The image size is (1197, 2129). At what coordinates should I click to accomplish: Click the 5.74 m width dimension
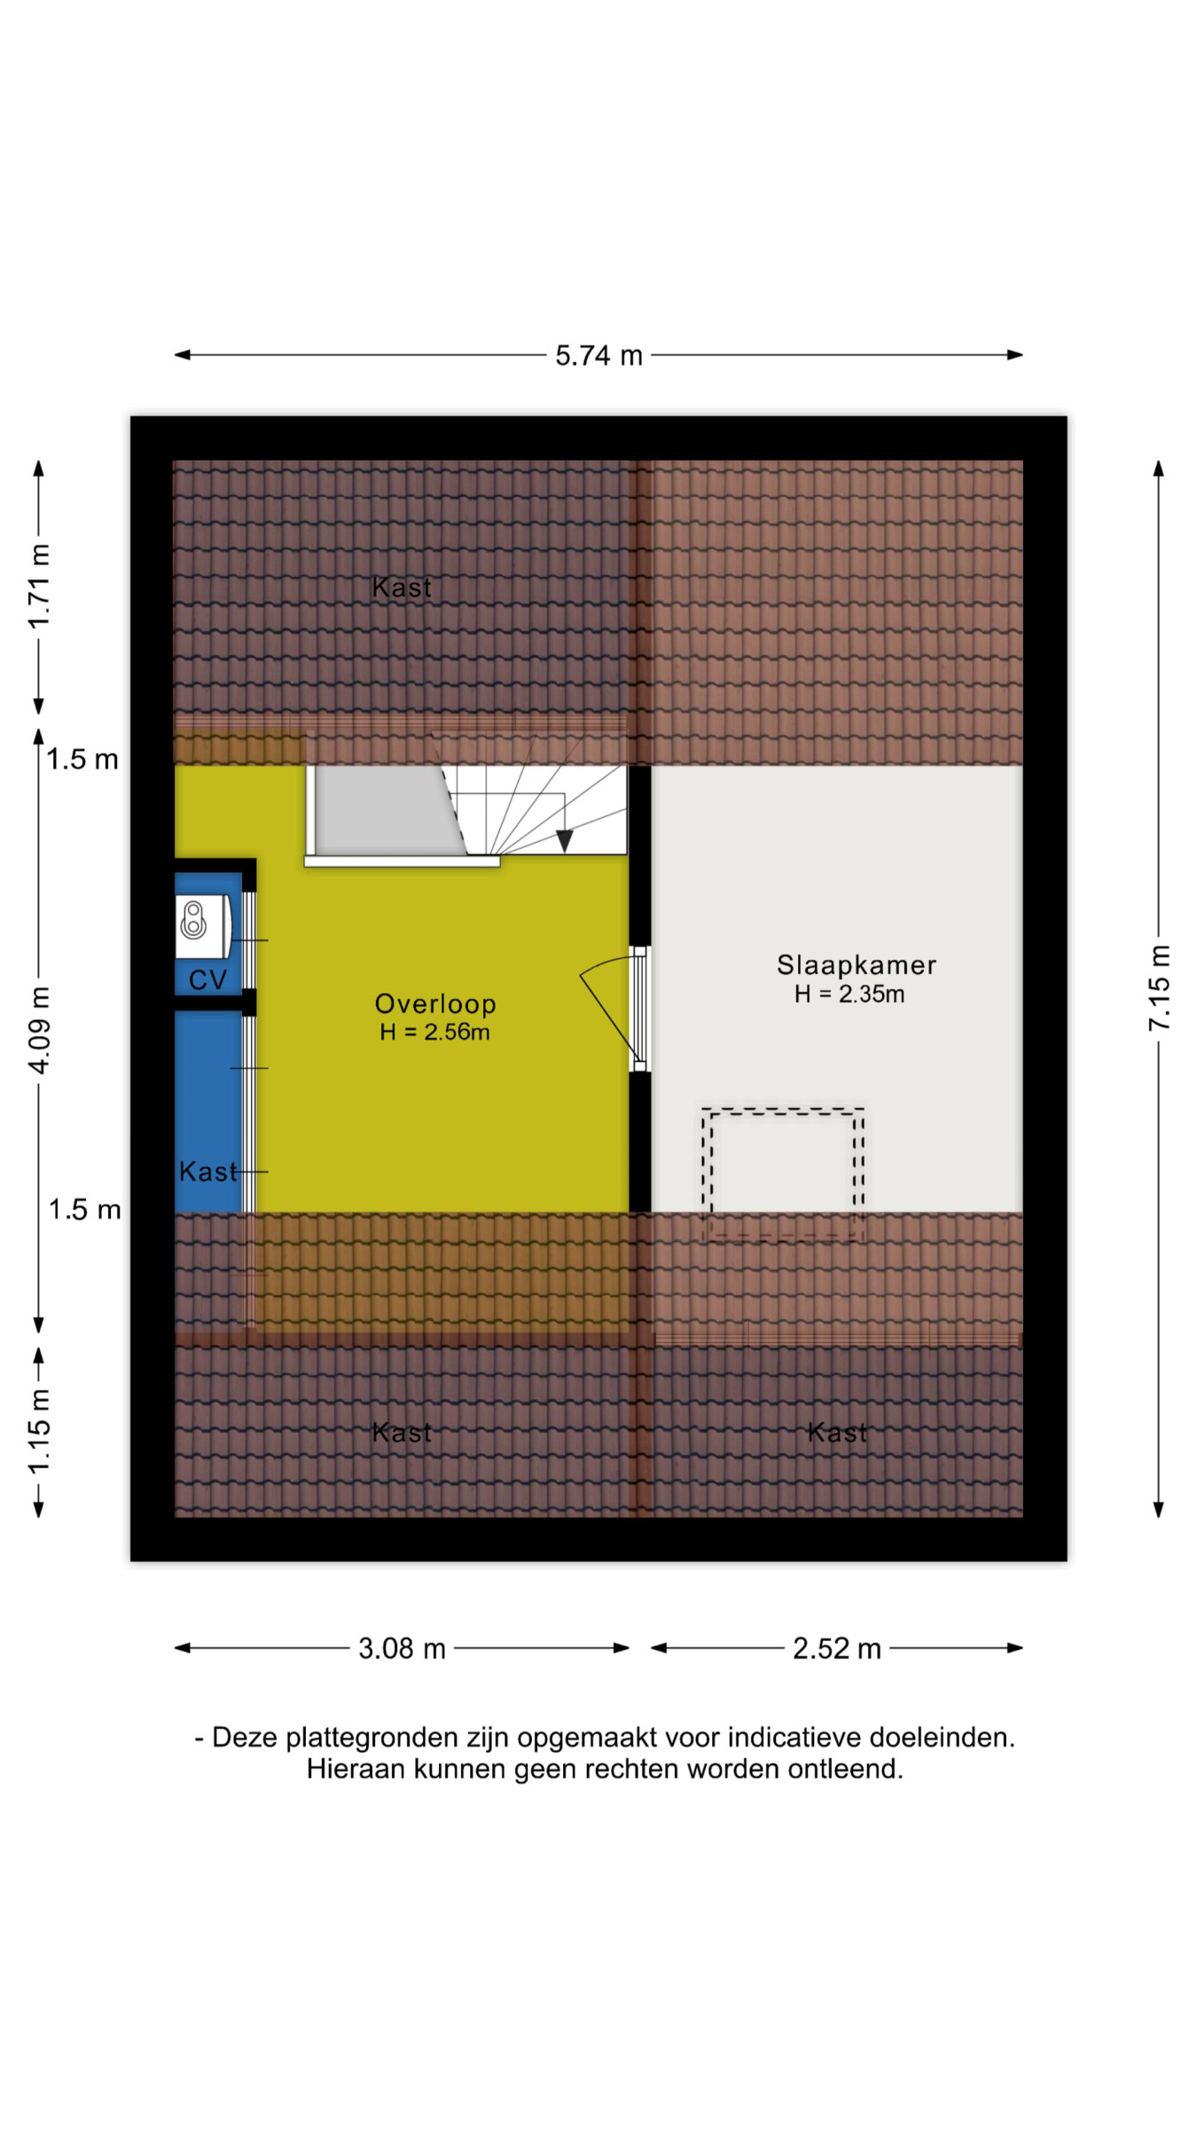598,356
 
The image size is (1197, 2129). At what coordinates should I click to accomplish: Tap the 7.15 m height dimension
1159,987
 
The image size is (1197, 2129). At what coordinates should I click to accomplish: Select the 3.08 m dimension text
402,1649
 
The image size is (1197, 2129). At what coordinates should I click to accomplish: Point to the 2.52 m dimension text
837,1649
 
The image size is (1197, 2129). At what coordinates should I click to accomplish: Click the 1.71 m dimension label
39,586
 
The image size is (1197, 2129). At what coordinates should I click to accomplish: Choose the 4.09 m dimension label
39,1030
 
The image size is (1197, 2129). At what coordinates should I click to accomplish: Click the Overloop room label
435,1004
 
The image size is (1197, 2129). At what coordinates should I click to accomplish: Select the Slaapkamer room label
857,965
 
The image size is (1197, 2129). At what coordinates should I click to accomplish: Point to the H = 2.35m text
849,994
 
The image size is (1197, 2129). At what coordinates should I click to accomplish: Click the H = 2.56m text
434,1033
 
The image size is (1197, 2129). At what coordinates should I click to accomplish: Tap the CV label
207,980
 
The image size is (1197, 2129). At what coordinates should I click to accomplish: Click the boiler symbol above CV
193,920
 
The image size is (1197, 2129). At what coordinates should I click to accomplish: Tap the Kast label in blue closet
208,1172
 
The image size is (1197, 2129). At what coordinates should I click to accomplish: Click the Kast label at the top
402,587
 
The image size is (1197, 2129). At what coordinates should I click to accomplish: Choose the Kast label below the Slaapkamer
837,1433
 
